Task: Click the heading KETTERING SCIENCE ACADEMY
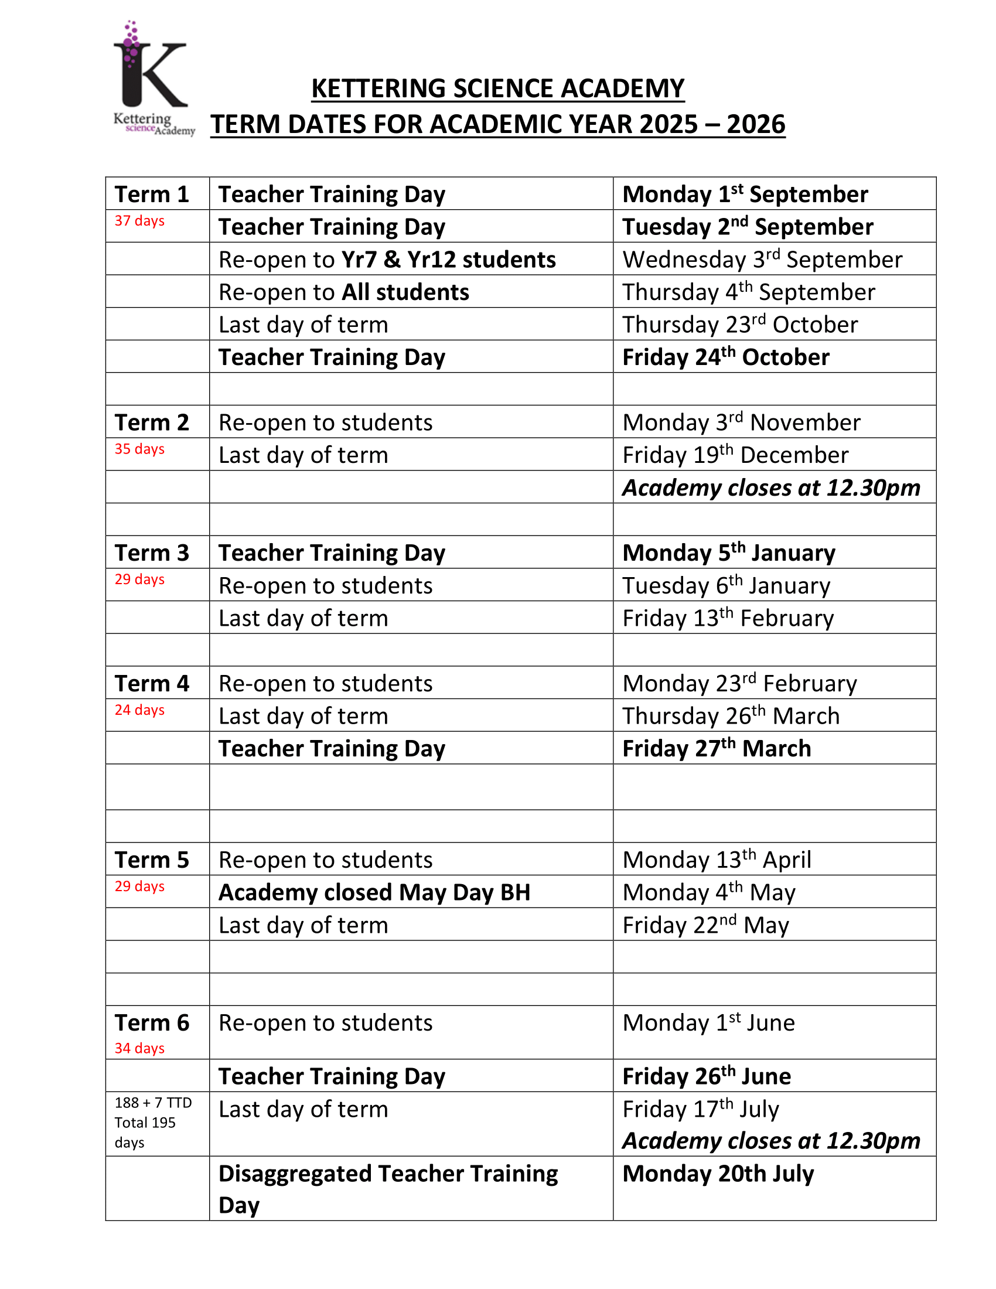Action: point(497,88)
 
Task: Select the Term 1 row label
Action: point(152,194)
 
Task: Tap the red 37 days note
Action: point(139,221)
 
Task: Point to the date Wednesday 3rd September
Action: point(762,260)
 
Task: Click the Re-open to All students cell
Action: point(343,292)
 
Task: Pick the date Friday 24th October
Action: point(726,357)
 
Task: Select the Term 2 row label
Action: point(152,422)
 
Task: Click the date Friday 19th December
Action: point(735,455)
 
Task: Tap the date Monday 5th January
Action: point(729,553)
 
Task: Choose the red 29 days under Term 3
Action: point(139,579)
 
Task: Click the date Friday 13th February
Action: point(728,618)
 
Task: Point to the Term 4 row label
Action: point(152,683)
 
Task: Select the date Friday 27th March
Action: point(717,748)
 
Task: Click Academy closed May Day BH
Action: point(374,892)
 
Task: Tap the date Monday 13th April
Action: point(717,860)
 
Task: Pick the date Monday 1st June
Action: point(709,1023)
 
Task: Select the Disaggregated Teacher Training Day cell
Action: point(388,1189)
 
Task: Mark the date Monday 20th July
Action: point(718,1174)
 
